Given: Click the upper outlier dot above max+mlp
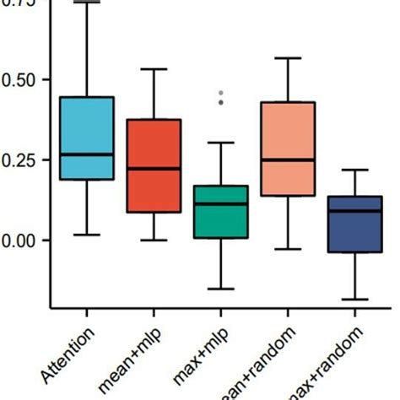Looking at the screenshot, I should [x=221, y=93].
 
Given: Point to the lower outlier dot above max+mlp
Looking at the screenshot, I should [x=221, y=102].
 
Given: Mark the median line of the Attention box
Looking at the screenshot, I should [x=86, y=154].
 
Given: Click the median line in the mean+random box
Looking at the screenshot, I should [x=288, y=159].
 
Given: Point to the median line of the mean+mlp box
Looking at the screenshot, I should [x=154, y=169].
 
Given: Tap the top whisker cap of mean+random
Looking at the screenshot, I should [x=288, y=58].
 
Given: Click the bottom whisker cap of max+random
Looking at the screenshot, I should [x=354, y=300].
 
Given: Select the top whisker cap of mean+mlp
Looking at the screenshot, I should [x=154, y=69].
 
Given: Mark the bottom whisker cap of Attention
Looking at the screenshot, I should [x=86, y=235].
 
